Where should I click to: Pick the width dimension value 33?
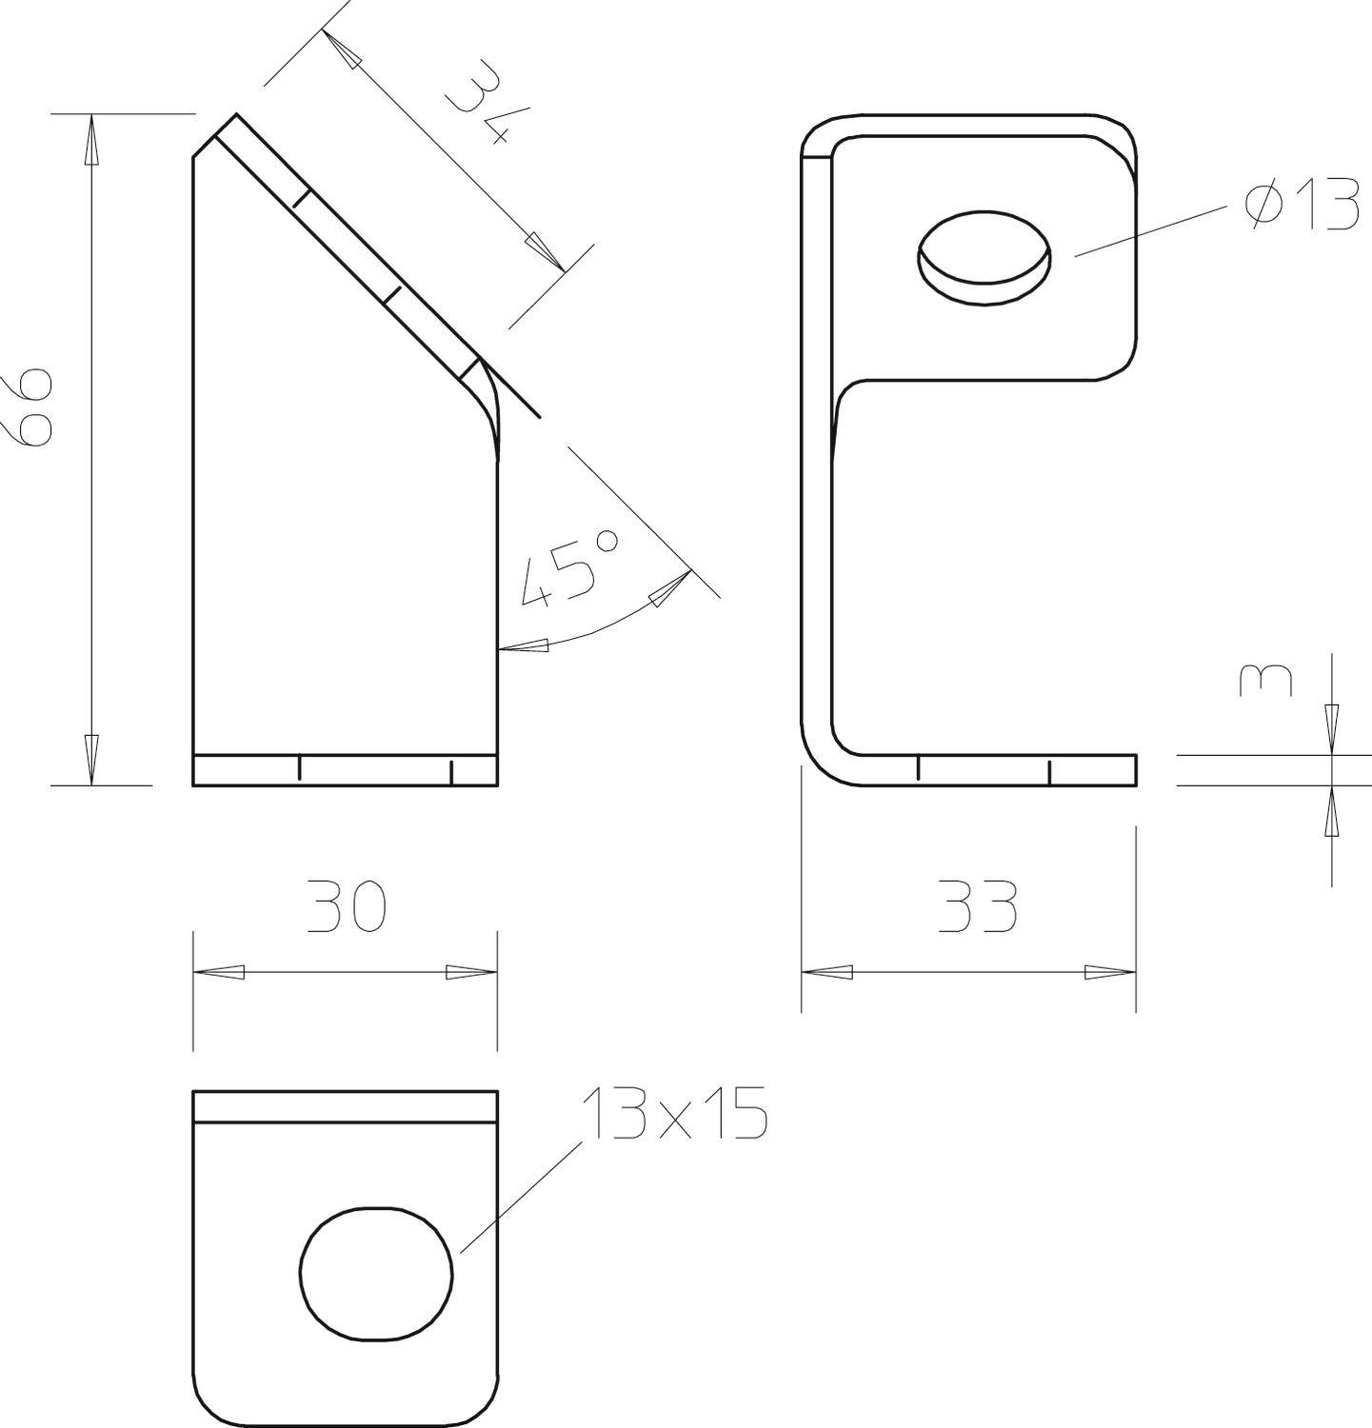click(x=977, y=906)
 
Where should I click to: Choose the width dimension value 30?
click(x=347, y=906)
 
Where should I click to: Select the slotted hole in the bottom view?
click(x=377, y=1274)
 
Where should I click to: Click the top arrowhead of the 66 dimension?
click(x=91, y=138)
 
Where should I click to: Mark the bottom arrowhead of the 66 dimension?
click(x=91, y=759)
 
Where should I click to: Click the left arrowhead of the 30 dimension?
click(x=219, y=972)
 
